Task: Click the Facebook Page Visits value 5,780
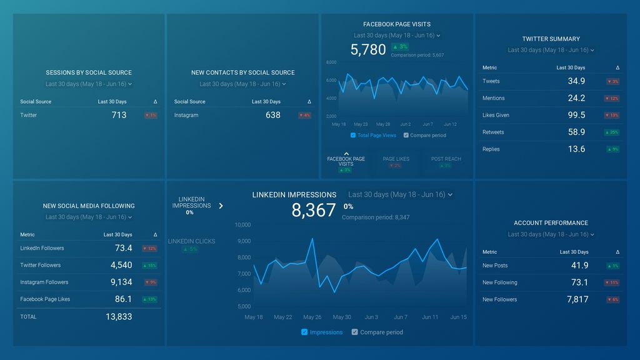(x=368, y=50)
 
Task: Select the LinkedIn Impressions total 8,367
(x=314, y=210)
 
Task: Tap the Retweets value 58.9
(x=576, y=132)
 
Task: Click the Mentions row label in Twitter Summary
(x=493, y=98)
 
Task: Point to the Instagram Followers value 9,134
(x=121, y=282)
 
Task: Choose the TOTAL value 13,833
(x=119, y=317)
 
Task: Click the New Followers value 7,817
(x=577, y=299)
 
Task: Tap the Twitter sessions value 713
(x=119, y=115)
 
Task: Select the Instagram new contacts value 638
(x=272, y=115)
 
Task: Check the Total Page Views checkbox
(x=353, y=135)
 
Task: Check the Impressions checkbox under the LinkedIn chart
(x=304, y=332)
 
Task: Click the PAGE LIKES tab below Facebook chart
(x=396, y=159)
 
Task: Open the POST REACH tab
(x=446, y=159)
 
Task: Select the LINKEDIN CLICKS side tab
(x=191, y=241)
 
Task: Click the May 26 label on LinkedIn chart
(x=312, y=317)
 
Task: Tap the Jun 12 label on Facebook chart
(x=450, y=124)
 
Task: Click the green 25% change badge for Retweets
(x=612, y=132)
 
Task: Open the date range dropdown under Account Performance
(x=551, y=234)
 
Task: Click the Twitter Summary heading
(x=551, y=39)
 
